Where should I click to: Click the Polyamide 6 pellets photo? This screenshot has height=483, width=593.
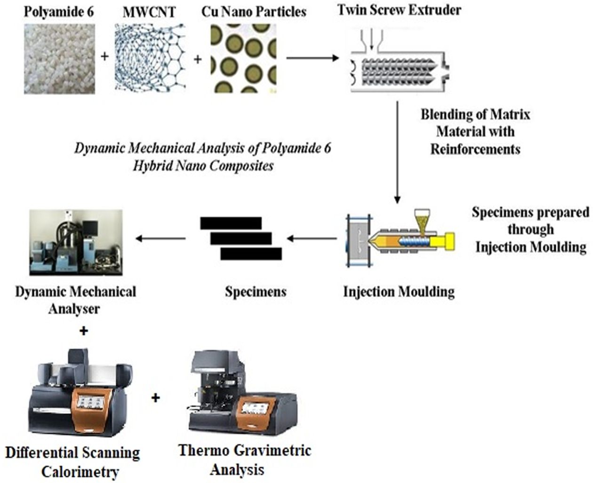tap(59, 59)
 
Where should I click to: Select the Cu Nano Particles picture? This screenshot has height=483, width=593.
tap(243, 58)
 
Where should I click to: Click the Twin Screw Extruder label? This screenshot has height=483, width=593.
tap(399, 10)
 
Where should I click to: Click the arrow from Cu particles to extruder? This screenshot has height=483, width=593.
tap(313, 58)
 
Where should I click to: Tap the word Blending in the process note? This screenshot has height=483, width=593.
tap(446, 115)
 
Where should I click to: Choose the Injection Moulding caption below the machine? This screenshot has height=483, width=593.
tap(399, 292)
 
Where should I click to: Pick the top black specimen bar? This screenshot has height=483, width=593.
tap(231, 223)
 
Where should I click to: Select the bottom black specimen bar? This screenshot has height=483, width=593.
tap(251, 254)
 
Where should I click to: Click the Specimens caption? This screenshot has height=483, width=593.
tap(256, 292)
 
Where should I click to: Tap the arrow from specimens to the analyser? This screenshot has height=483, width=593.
tap(160, 238)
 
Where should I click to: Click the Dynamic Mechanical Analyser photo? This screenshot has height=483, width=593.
tap(76, 242)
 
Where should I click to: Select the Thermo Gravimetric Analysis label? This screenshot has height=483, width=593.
tap(244, 459)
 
